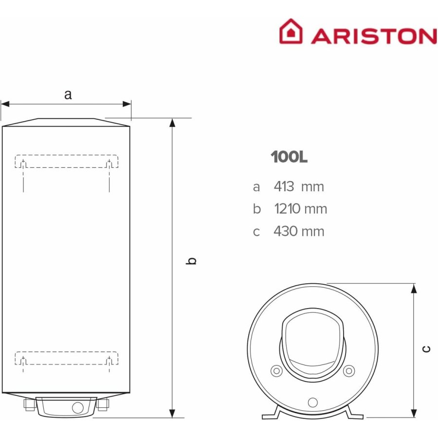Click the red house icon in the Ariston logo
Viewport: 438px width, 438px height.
291,31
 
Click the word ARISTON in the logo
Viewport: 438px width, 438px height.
374,36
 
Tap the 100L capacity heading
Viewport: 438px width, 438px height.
289,157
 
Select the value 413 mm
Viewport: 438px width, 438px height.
299,186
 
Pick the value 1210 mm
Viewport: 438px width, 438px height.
301,209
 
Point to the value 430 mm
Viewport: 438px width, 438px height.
299,231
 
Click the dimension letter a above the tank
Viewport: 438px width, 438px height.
68,95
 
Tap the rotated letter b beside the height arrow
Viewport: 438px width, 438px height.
191,261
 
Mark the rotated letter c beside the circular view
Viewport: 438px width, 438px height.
426,349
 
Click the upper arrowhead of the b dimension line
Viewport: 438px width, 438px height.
172,124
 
